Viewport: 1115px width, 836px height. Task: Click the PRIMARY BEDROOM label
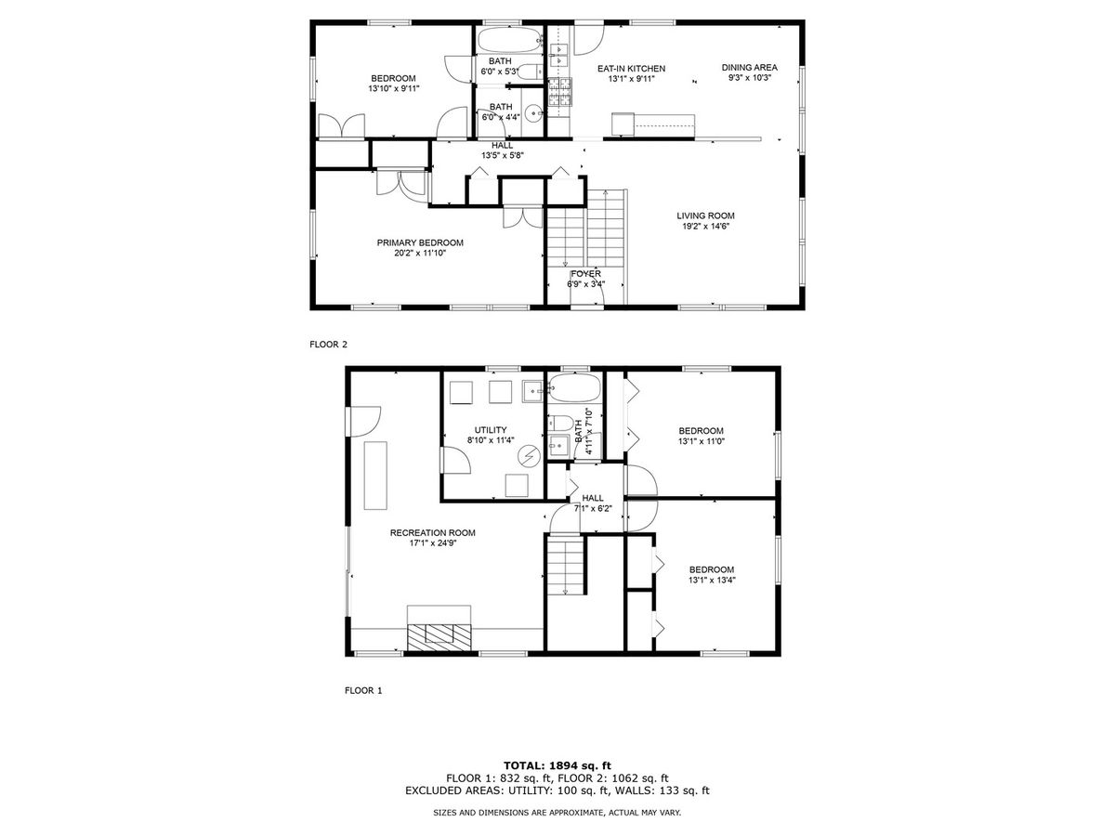click(x=420, y=242)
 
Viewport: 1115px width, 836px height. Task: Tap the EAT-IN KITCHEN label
click(x=631, y=69)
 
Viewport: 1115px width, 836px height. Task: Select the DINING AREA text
click(x=749, y=68)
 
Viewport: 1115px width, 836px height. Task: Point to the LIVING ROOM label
click(x=705, y=216)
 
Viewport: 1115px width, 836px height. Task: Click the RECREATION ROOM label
click(x=432, y=532)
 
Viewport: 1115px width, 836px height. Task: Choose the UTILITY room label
click(x=491, y=430)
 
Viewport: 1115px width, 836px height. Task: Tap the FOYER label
click(x=585, y=274)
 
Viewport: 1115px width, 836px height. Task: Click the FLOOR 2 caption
click(x=328, y=344)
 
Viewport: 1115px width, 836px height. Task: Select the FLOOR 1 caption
click(x=363, y=690)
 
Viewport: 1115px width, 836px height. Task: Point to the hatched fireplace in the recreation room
click(x=439, y=637)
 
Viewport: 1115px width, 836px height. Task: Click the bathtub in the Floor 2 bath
click(x=509, y=40)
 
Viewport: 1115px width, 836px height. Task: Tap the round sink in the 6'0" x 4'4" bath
click(x=533, y=112)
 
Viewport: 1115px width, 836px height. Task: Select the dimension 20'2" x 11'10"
click(x=420, y=253)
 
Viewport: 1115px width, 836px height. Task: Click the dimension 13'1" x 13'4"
click(x=712, y=581)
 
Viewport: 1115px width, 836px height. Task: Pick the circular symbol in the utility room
click(x=529, y=455)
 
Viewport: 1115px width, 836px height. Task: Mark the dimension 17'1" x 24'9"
click(x=432, y=542)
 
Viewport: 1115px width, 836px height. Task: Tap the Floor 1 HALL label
click(x=592, y=498)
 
